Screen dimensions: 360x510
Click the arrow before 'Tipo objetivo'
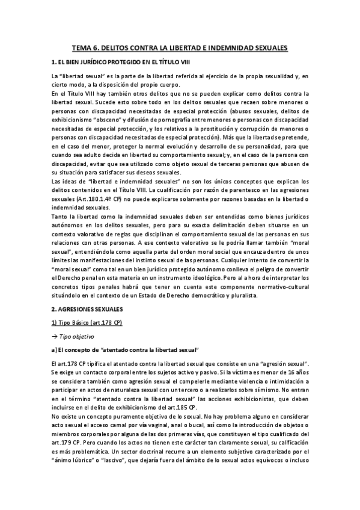pyautogui.click(x=55, y=336)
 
